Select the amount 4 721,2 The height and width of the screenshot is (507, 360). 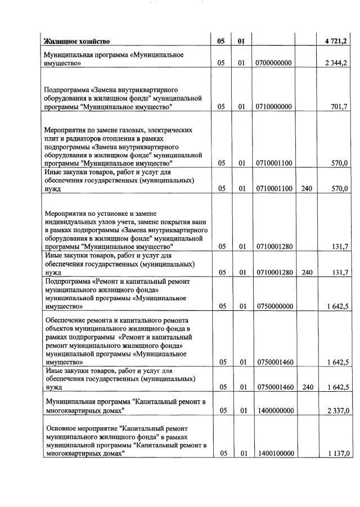(x=337, y=41)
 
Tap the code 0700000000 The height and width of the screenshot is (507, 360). (x=273, y=63)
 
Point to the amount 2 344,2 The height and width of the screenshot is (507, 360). (x=337, y=63)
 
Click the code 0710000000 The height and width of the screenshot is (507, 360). (x=273, y=107)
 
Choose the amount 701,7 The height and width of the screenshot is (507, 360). (x=340, y=107)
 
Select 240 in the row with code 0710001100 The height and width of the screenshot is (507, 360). (x=306, y=189)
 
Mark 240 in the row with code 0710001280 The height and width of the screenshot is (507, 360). (x=306, y=273)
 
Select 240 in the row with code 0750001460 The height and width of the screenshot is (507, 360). (x=306, y=387)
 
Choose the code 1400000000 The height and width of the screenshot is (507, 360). (x=273, y=411)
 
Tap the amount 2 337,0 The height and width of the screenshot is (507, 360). (x=337, y=411)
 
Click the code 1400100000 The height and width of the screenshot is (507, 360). (x=273, y=454)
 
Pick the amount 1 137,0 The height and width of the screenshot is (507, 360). (x=337, y=454)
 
